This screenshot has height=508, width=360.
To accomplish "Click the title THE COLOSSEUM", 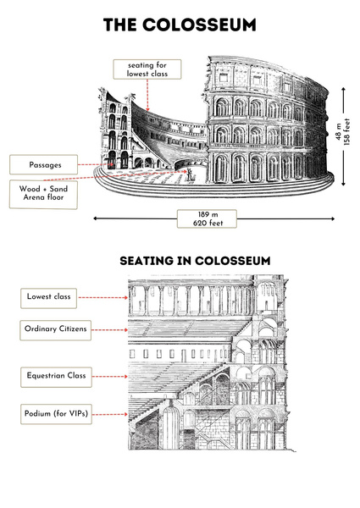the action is pos(180,25).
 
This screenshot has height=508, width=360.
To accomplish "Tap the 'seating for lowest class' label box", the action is pos(147,69).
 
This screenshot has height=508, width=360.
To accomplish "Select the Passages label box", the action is pos(44,164).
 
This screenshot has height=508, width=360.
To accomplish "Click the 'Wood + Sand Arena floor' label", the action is pos(43,194).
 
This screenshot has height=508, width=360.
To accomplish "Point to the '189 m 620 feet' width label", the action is pos(207,218).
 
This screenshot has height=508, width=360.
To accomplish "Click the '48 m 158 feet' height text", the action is pos(343,131).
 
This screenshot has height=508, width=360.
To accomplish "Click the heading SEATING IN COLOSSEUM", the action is pos(195,261).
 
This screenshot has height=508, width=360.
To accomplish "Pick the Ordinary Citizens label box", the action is pos(55,330).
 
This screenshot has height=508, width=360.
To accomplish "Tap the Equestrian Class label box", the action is pos(56,377).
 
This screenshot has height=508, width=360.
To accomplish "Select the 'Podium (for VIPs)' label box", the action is pos(56,414).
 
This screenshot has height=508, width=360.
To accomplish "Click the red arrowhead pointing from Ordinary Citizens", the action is pos(126,330).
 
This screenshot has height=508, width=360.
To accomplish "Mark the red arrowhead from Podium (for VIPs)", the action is pos(126,414).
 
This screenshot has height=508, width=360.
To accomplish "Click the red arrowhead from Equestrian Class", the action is pos(126,377).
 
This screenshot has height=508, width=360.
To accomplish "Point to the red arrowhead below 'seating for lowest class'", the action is pos(147,109).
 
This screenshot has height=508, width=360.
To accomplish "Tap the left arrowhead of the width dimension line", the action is pos(95,218).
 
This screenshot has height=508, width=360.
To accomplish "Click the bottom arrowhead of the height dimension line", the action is pos(343,184).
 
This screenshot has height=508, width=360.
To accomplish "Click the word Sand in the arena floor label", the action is pos(58,189).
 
